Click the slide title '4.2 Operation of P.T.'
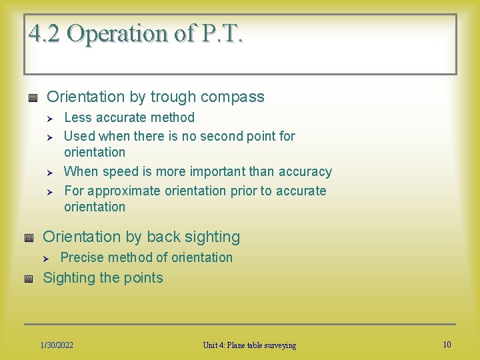point(136,33)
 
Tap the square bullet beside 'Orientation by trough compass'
point(32,98)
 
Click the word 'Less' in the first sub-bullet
point(77,118)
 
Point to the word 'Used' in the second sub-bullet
point(79,137)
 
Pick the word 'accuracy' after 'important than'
point(306,172)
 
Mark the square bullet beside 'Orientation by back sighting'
point(28,238)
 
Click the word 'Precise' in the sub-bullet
point(81,258)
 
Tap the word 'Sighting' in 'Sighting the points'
point(69,278)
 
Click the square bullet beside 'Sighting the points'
point(28,279)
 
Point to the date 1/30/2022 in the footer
point(57,345)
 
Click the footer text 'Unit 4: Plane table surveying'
point(249,345)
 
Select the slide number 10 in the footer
point(447,345)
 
